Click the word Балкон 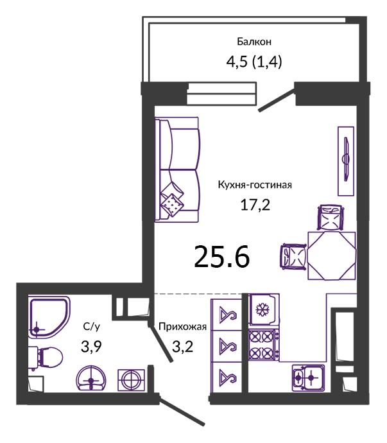point(254,42)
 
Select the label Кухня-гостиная point(255,185)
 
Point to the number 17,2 point(255,205)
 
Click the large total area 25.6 point(222,257)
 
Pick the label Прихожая point(182,327)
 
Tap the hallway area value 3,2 point(182,347)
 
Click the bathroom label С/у point(92,327)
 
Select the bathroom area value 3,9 point(91,347)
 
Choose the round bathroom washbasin point(91,379)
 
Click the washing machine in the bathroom point(132,380)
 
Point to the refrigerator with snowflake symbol point(264,309)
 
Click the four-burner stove point(264,345)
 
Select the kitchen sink point(308,378)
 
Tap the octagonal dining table point(332,256)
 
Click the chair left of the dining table point(293,257)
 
